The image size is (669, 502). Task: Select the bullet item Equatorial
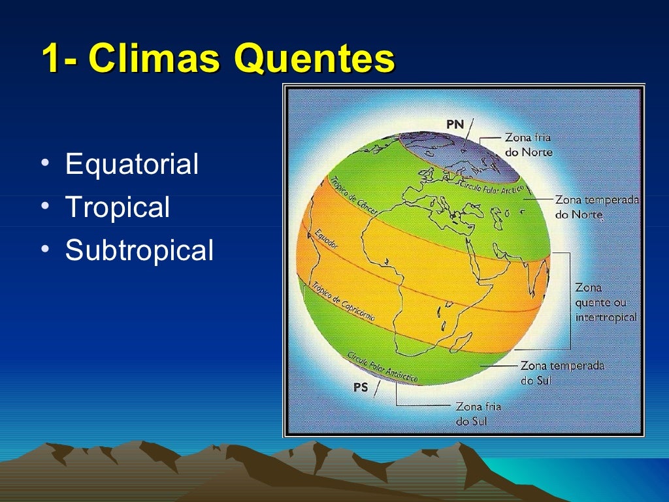pyautogui.click(x=131, y=164)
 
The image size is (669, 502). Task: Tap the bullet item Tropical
pyautogui.click(x=118, y=207)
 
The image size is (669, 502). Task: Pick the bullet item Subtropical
pyautogui.click(x=139, y=250)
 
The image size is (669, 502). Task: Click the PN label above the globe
pyautogui.click(x=455, y=124)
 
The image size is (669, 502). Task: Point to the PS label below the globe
pyautogui.click(x=361, y=388)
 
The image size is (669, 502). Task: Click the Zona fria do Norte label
pyautogui.click(x=528, y=145)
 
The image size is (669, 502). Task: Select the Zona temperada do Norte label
pyautogui.click(x=596, y=207)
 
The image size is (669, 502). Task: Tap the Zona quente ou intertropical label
pyautogui.click(x=606, y=302)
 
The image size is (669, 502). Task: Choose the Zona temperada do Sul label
pyautogui.click(x=562, y=373)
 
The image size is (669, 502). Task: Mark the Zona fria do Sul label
pyautogui.click(x=478, y=414)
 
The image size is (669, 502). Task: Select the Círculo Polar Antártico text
pyautogui.click(x=382, y=367)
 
